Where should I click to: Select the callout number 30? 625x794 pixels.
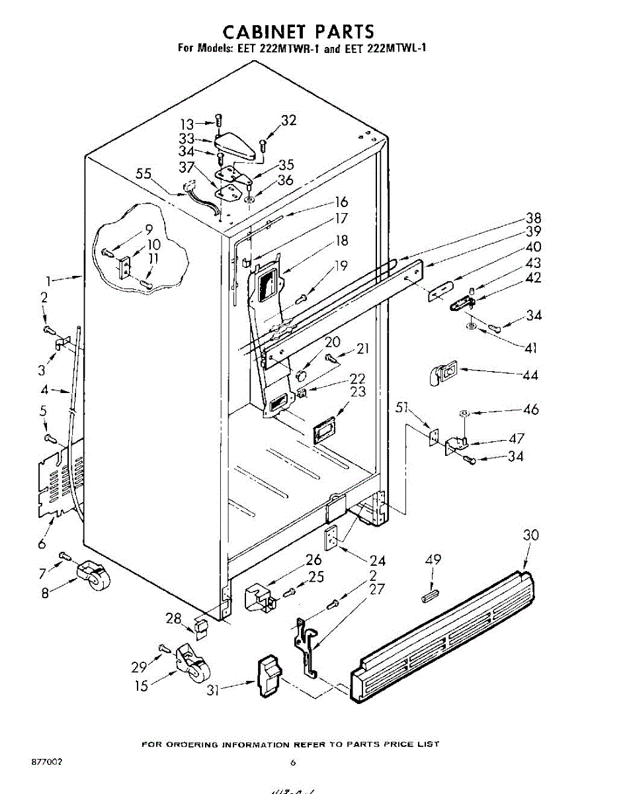coord(531,535)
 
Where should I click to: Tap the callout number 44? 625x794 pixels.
coord(530,375)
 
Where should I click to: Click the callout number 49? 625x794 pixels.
coord(433,560)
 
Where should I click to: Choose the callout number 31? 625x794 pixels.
coord(212,689)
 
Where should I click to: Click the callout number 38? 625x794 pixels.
coord(534,218)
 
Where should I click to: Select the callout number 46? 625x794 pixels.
coord(531,410)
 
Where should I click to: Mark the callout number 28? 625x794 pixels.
coord(173,618)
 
